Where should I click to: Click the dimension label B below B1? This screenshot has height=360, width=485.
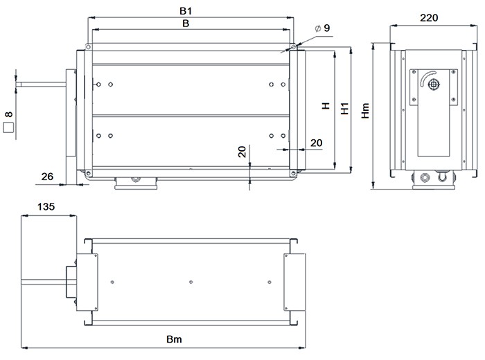point(186,23)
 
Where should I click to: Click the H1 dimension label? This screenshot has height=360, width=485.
point(344,109)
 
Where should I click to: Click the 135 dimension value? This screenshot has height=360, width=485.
point(45,207)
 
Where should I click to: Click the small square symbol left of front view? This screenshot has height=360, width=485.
point(9,127)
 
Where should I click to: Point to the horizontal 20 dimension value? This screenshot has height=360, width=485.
point(315,143)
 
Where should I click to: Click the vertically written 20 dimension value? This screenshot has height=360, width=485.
point(242,152)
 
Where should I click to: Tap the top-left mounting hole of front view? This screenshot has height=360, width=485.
point(88,47)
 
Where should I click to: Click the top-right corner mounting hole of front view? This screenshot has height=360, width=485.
point(293,47)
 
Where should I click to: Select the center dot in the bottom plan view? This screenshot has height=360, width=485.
point(191,282)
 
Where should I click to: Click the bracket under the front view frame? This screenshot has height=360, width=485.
point(136,181)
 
